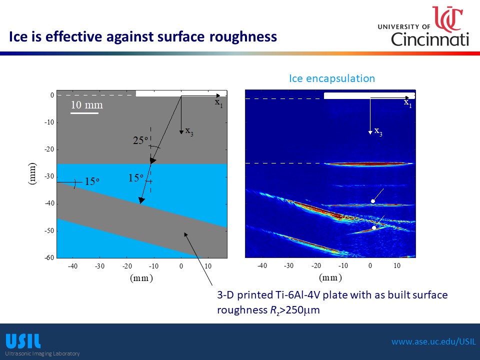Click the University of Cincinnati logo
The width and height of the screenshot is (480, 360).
click(423, 26)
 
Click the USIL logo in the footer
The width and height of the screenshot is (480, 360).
click(23, 341)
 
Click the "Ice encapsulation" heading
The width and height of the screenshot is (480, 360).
click(332, 78)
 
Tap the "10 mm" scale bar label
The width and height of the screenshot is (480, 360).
click(86, 105)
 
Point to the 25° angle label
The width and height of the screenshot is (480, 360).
click(140, 140)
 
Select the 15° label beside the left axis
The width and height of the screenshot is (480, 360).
click(92, 181)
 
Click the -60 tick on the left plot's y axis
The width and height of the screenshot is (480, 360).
click(49, 258)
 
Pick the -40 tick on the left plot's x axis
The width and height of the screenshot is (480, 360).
click(72, 266)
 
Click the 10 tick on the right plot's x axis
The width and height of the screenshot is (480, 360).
click(396, 265)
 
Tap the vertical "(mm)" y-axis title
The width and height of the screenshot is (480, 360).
click(32, 173)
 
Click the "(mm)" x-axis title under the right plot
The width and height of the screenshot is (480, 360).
click(330, 277)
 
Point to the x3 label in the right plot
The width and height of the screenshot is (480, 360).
click(378, 132)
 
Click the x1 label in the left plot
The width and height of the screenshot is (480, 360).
click(218, 103)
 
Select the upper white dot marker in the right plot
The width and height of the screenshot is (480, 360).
click(373, 201)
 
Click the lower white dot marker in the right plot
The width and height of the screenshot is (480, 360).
click(374, 228)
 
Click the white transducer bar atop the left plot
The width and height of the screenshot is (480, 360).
click(181, 93)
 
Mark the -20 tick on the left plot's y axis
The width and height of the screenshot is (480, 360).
click(49, 149)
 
